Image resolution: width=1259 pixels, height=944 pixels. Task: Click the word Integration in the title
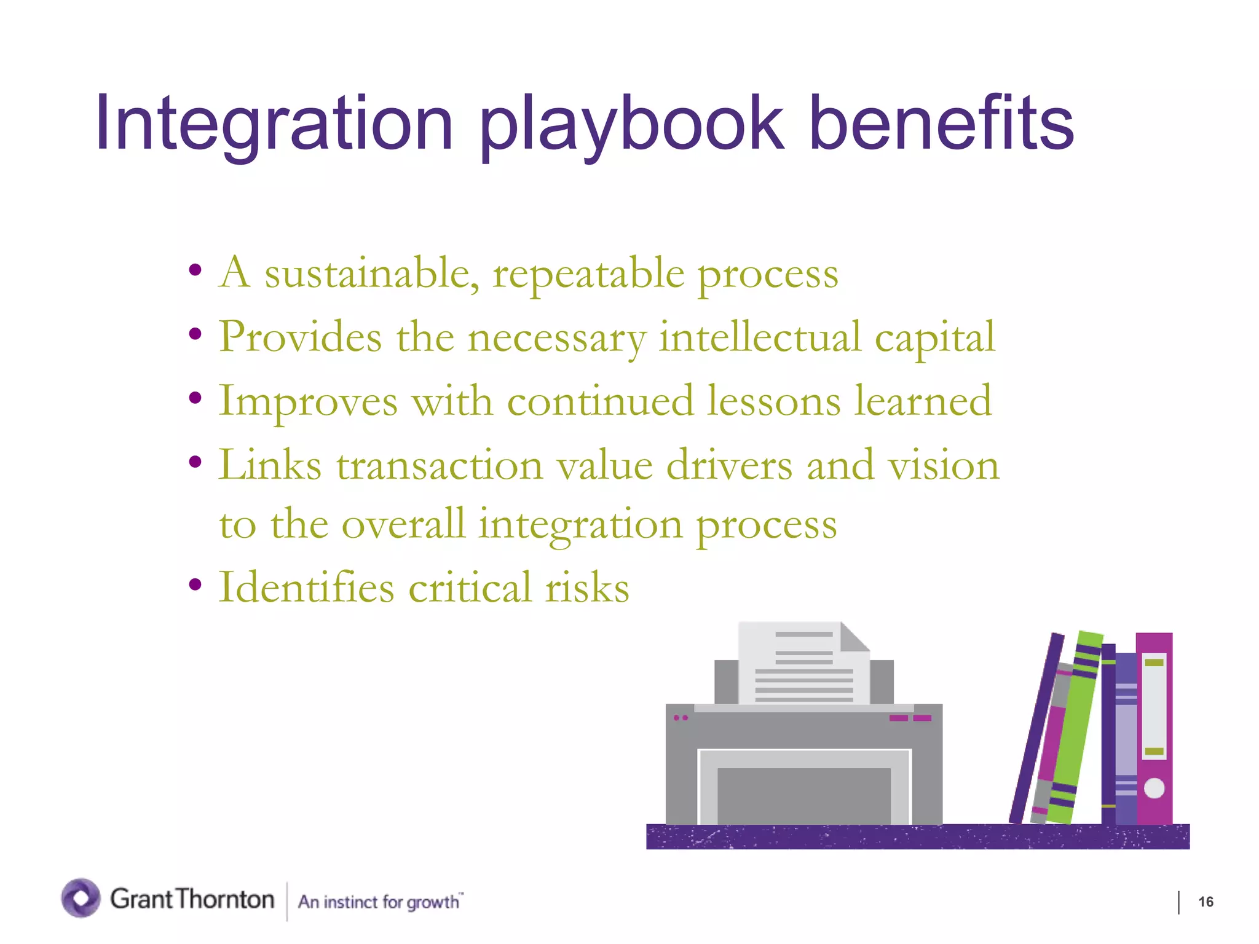point(274,125)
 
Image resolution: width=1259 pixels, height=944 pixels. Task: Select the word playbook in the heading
point(631,125)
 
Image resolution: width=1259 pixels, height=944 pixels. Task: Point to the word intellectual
point(760,337)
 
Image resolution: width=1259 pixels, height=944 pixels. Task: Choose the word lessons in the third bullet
point(773,401)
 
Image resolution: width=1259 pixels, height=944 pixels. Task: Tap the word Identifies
point(306,588)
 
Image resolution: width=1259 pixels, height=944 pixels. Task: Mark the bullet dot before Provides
point(195,334)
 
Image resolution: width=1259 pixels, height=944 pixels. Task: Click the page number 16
point(1206,902)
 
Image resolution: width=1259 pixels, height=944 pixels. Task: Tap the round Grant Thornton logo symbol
point(81,898)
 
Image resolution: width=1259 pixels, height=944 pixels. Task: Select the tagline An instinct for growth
point(379,902)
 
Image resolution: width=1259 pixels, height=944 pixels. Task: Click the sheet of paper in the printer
point(803,667)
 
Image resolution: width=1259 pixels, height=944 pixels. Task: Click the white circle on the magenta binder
point(1154,788)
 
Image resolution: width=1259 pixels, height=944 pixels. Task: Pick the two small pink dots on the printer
point(681,718)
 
